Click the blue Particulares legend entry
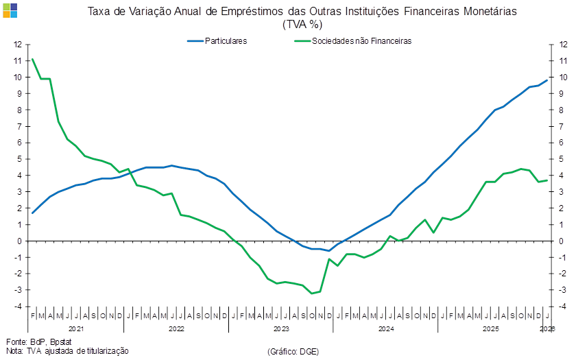coord(217,41)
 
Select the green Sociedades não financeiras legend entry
coord(352,41)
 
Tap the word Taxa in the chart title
coord(97,12)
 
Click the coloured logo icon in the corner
coord(10,10)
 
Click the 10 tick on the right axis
coord(564,77)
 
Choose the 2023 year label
coord(282,329)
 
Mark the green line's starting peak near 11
coord(32,60)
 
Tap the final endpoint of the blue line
coord(547,80)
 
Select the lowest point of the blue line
coord(329,251)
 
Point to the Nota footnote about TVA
coord(67,350)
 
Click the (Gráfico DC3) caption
coord(293,350)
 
